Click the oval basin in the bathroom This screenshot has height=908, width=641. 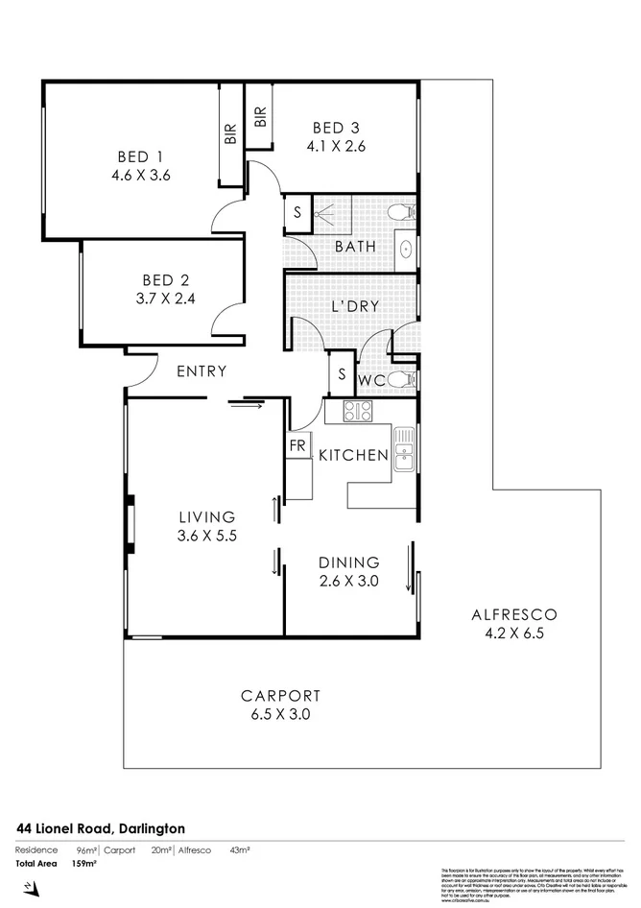coord(406,248)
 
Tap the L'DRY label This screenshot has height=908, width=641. coord(355,306)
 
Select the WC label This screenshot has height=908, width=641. coord(372,380)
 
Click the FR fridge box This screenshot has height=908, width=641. coord(297,447)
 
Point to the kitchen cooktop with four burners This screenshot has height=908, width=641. coord(358,413)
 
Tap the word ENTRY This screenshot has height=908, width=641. coord(202,371)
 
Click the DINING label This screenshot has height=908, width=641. coord(349,562)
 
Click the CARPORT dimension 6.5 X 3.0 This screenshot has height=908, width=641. coord(280,714)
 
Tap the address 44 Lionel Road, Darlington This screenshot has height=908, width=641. coord(100,827)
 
